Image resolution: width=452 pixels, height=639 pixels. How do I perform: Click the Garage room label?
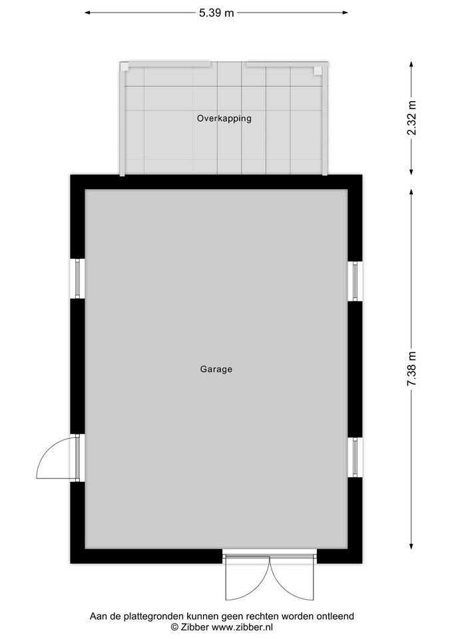(216, 369)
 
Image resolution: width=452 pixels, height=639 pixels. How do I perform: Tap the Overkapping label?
(224, 118)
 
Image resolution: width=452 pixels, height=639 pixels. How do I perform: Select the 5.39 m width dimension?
(216, 13)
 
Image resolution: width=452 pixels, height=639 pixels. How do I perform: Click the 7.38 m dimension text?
(412, 368)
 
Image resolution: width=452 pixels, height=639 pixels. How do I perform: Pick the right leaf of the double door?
(292, 578)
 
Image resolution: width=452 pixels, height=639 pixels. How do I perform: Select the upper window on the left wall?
(77, 279)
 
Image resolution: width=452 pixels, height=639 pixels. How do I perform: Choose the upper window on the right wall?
(355, 281)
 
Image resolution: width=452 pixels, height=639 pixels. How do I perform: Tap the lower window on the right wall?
(355, 457)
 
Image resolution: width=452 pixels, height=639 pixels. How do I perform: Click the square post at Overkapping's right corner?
(318, 71)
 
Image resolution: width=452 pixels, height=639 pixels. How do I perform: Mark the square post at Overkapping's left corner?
(124, 66)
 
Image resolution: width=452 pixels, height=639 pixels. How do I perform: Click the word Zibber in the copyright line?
(195, 627)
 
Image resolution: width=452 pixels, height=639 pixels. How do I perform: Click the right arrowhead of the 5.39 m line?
(345, 13)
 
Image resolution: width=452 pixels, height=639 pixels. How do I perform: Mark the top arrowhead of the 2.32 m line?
(411, 65)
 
